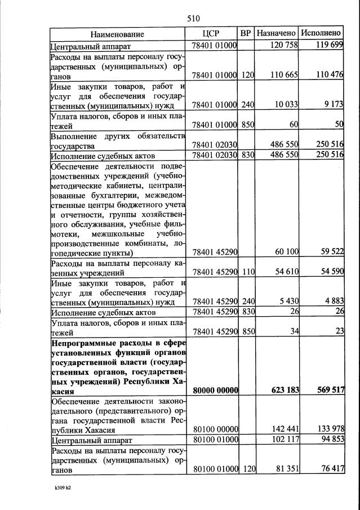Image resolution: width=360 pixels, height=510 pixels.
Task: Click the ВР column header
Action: click(x=246, y=34)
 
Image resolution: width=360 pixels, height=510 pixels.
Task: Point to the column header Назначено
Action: click(x=276, y=34)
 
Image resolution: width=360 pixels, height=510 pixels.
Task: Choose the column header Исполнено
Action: click(x=321, y=34)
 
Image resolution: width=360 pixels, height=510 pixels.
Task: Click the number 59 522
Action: click(x=330, y=252)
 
